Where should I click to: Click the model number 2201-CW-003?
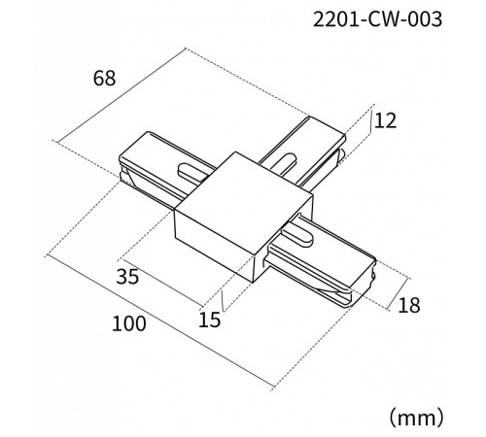point(377,19)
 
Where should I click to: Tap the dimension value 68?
point(104,79)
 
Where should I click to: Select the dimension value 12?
point(385,120)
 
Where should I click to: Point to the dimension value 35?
point(127,277)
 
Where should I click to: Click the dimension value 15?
point(210,319)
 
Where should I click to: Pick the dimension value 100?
point(129,323)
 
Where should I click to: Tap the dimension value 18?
point(409,305)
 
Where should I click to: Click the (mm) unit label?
point(416,418)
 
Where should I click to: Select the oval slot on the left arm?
point(193,171)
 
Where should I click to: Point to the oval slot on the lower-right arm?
point(298,235)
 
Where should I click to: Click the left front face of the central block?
point(214,246)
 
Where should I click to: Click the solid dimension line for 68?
point(121,95)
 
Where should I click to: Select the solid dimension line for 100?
point(159,320)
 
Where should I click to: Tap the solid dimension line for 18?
point(399,293)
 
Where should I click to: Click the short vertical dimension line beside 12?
point(370,121)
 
